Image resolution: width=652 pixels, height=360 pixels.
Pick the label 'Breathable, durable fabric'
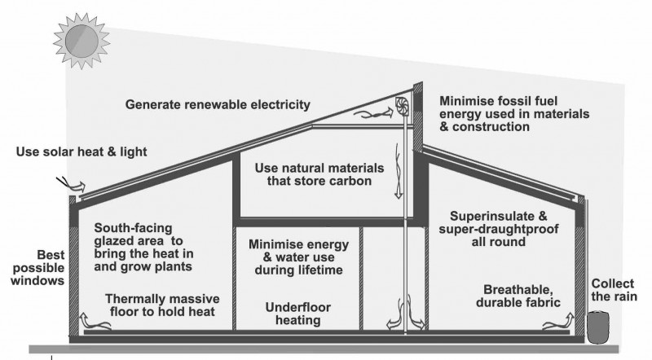pyautogui.click(x=522, y=296)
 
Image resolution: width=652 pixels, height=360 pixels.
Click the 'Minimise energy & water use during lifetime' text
pyautogui.click(x=297, y=257)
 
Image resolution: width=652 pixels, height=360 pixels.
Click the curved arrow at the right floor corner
pyautogui.click(x=557, y=326)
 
